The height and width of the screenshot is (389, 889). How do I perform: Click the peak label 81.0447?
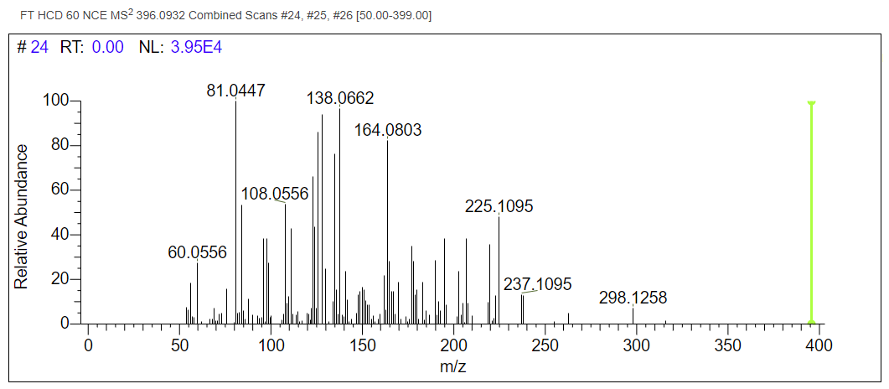[x=236, y=91]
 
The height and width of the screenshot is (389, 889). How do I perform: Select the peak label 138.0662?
[x=340, y=99]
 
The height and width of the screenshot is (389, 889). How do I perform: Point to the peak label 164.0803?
[x=387, y=131]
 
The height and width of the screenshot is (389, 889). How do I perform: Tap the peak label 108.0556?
[x=275, y=194]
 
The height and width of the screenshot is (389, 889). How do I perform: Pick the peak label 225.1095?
[x=499, y=206]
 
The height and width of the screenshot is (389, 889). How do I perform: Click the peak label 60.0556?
[x=198, y=252]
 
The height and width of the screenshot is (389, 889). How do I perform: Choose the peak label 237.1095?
[x=538, y=285]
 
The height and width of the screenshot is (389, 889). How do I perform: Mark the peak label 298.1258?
[x=633, y=298]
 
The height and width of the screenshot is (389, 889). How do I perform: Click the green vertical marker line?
[x=811, y=210]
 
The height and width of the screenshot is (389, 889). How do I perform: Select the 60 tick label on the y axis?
[x=59, y=190]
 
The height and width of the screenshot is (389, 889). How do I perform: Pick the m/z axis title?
[x=453, y=367]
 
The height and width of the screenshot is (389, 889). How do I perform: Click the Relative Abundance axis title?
[x=23, y=216]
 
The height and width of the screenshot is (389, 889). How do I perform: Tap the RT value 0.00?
[x=108, y=48]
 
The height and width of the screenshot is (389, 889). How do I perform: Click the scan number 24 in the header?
[x=39, y=48]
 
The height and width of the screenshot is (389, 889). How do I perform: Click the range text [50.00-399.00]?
[x=395, y=16]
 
